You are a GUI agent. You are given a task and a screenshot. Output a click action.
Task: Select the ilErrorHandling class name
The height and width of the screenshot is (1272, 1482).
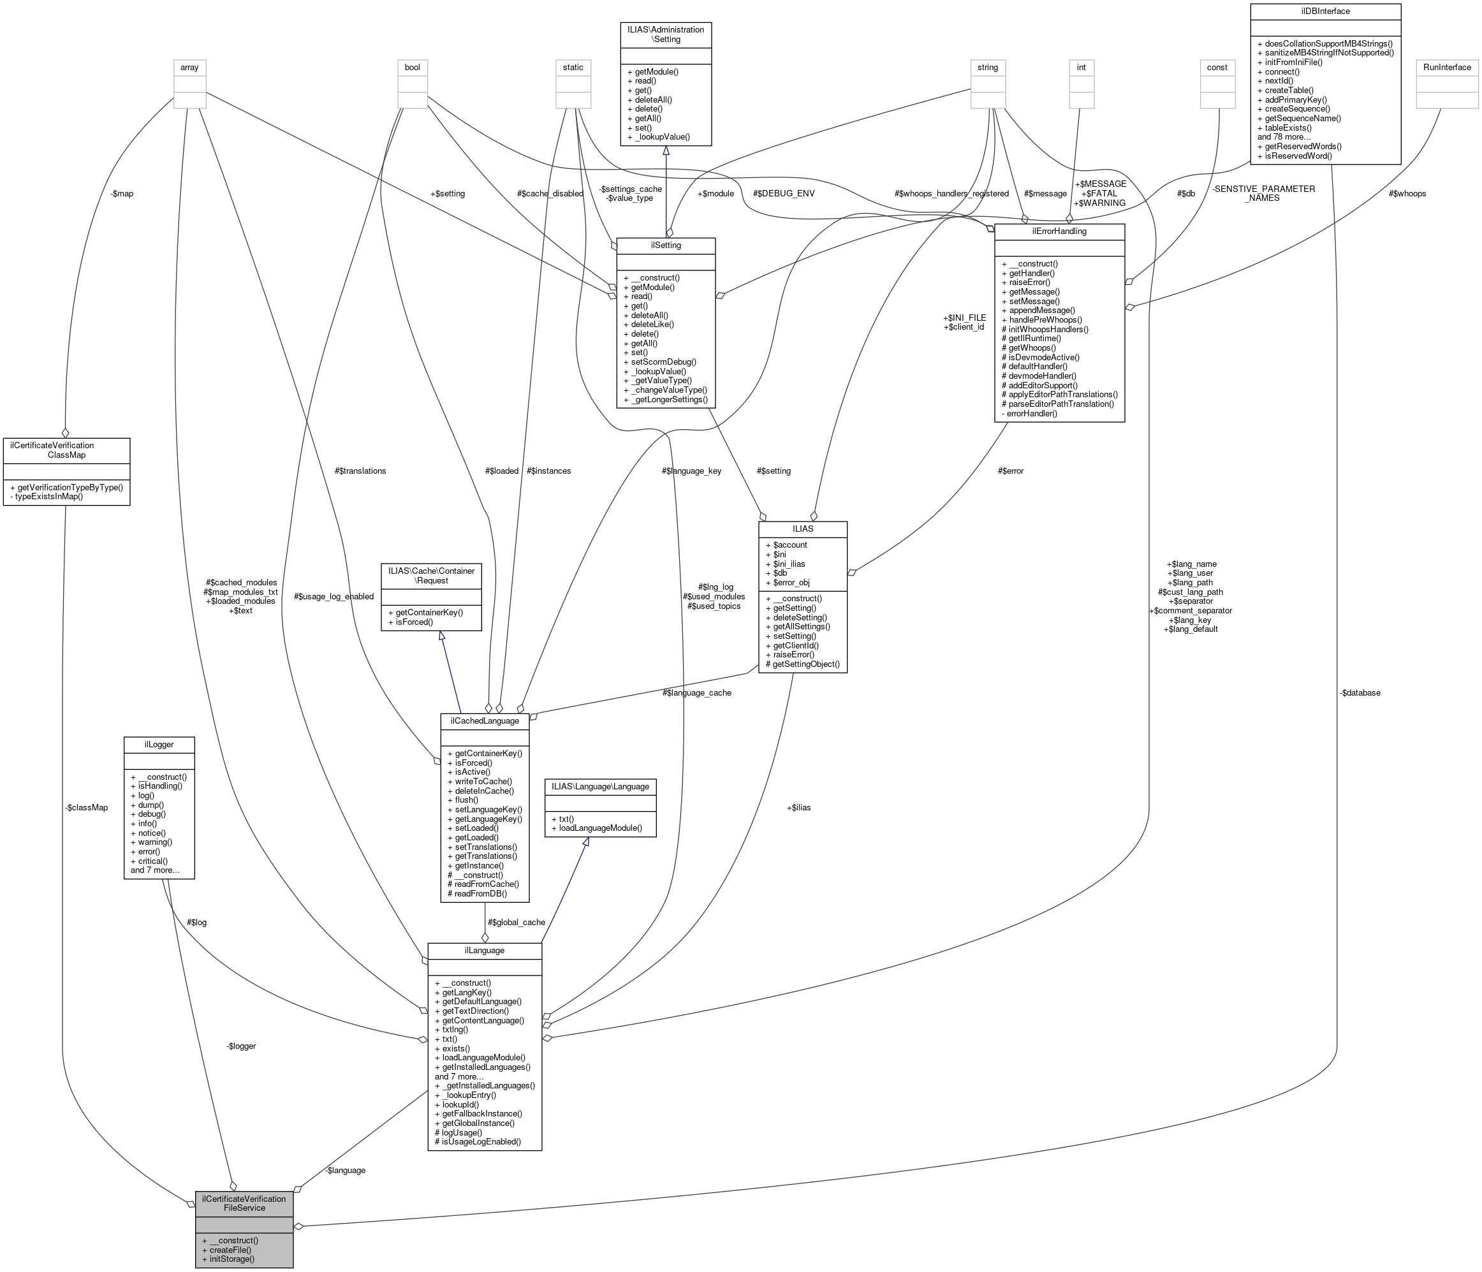1059,231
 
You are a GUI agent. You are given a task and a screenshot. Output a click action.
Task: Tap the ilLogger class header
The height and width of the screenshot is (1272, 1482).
159,744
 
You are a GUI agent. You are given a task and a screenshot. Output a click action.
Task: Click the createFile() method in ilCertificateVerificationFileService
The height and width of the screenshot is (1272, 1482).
230,1250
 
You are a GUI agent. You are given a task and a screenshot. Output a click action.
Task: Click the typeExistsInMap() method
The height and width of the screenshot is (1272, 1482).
48,496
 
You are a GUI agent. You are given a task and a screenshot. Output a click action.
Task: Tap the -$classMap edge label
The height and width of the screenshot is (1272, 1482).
86,808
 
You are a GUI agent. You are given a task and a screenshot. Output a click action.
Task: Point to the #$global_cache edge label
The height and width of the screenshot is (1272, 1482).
516,923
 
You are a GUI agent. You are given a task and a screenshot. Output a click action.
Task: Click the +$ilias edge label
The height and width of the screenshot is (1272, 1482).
798,808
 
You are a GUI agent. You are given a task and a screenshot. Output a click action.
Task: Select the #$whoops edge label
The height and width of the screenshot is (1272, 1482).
1407,194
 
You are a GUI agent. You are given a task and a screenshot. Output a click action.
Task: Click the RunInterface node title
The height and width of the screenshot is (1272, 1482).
1446,67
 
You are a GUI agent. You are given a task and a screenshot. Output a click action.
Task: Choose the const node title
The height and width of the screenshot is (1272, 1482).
1217,67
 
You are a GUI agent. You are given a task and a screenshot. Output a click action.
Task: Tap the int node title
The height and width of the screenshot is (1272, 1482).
1081,67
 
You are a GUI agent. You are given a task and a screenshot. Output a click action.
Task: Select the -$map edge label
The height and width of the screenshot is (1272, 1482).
122,194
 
